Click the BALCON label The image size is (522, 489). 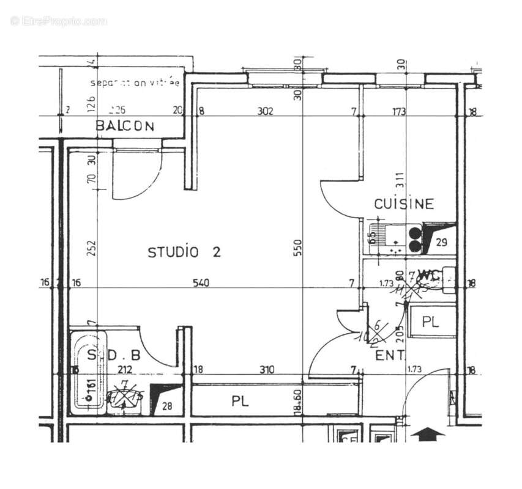[125, 127]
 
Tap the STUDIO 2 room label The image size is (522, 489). [184, 252]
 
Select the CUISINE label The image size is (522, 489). [404, 204]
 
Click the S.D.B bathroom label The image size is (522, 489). [114, 355]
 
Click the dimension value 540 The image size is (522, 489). [201, 283]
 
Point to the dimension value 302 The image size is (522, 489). [264, 111]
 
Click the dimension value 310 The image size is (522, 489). [267, 369]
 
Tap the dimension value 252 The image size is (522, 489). [92, 248]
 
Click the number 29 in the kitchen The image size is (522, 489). [442, 242]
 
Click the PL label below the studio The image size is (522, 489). [239, 402]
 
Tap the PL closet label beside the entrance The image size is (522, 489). [431, 322]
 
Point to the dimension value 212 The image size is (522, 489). [124, 369]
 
